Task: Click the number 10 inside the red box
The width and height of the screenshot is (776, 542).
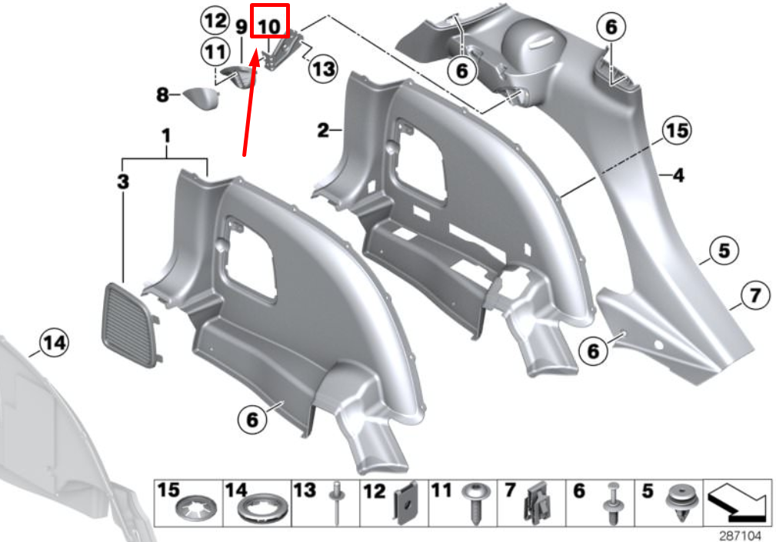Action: click(269, 26)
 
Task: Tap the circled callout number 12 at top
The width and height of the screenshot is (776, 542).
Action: click(215, 22)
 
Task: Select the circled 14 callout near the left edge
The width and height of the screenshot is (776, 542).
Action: click(54, 343)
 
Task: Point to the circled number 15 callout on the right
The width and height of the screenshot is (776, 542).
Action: click(677, 131)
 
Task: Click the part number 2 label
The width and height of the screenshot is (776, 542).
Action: click(323, 130)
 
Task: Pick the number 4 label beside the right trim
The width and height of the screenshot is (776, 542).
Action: click(678, 175)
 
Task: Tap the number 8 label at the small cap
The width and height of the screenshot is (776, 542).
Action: click(162, 95)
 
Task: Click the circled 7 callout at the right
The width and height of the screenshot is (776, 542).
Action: click(754, 295)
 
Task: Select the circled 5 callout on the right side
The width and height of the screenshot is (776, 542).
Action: click(724, 251)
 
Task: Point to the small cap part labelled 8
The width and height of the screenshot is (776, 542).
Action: click(201, 98)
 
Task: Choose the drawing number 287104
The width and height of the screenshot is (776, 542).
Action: click(740, 535)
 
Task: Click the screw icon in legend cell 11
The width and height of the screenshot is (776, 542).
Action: click(475, 504)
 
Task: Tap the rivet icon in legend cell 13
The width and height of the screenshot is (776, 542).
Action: click(337, 503)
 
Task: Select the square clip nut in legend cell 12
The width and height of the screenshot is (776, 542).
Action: click(406, 504)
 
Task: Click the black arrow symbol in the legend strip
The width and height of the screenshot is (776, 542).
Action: click(738, 503)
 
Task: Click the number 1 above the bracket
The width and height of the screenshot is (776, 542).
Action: click(166, 136)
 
